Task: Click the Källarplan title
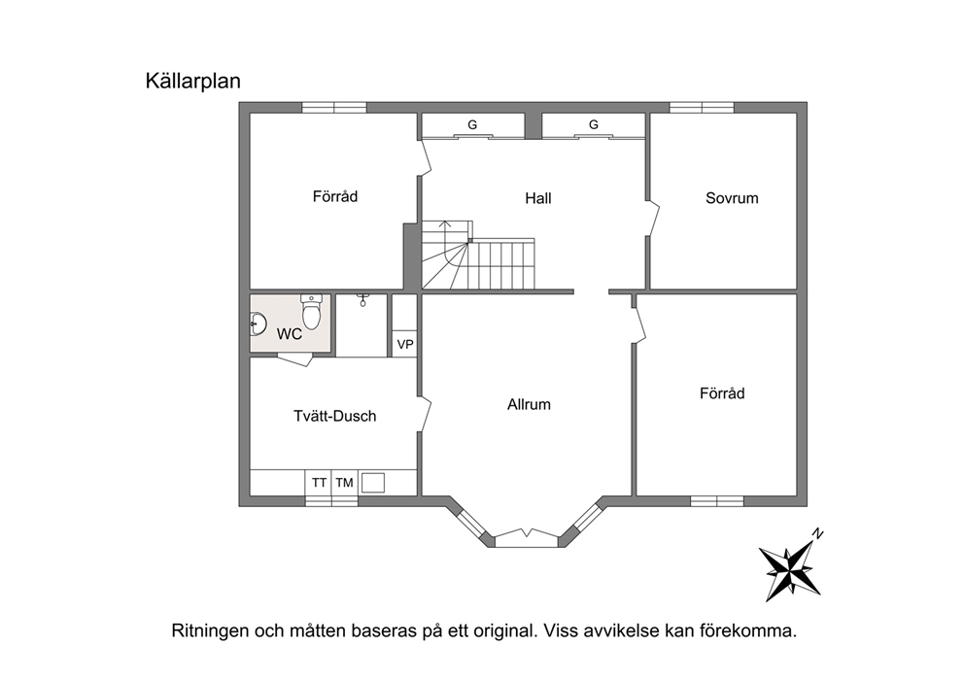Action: tap(193, 82)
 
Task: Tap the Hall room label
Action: tap(538, 198)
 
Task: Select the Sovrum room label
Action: tap(732, 198)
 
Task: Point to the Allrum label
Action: tap(529, 404)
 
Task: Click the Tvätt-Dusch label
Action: tap(334, 416)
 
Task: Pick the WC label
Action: tap(289, 334)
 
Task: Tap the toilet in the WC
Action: tap(312, 311)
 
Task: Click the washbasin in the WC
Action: tap(258, 323)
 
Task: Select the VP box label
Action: tap(405, 345)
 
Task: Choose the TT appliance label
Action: tap(319, 483)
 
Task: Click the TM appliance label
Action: tap(344, 483)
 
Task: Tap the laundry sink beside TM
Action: tap(372, 483)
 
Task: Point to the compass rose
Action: tap(789, 569)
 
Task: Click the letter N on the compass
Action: tap(817, 533)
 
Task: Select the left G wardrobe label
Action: tap(472, 124)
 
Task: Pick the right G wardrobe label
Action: tap(594, 124)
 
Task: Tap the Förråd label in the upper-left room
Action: tap(335, 196)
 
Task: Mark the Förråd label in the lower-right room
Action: tap(722, 393)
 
